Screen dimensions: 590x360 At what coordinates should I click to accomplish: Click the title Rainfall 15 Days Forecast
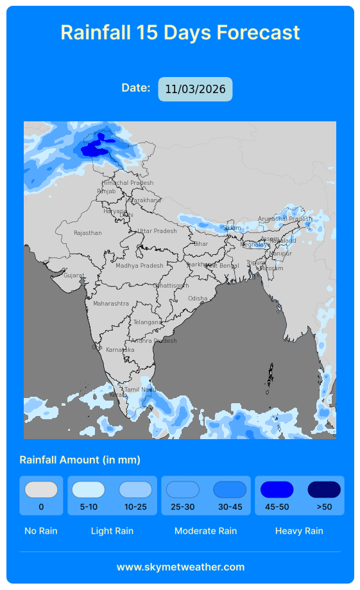pos(180,32)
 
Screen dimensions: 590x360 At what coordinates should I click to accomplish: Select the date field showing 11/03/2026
pos(195,89)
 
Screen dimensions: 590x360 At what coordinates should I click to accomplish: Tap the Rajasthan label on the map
pos(88,233)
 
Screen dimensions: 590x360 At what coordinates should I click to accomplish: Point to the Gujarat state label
pos(74,275)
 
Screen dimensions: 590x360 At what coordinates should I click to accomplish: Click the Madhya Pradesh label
pos(139,266)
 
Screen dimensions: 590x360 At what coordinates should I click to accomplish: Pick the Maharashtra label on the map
pos(111,304)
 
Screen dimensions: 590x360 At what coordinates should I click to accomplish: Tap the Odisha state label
pos(198,299)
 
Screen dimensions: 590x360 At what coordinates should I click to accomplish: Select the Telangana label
pos(148,322)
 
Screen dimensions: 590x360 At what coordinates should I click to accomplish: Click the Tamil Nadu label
pos(140,390)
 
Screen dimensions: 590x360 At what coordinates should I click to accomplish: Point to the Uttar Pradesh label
pos(157,231)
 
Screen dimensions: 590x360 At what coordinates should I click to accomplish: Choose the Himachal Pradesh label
pos(128,183)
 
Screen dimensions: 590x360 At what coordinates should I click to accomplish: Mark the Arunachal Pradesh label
pos(285,219)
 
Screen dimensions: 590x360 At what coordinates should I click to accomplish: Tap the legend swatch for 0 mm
pos(41,490)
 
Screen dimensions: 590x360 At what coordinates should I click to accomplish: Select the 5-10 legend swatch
pos(89,490)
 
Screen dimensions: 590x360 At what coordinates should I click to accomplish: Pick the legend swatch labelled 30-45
pos(230,490)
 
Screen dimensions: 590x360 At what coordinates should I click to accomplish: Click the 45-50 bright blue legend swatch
pos(277,490)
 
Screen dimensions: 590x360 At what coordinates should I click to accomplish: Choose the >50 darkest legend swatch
pos(324,490)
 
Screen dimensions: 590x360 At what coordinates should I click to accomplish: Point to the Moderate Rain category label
pos(205,531)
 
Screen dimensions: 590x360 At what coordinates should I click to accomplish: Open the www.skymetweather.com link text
pos(180,567)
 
